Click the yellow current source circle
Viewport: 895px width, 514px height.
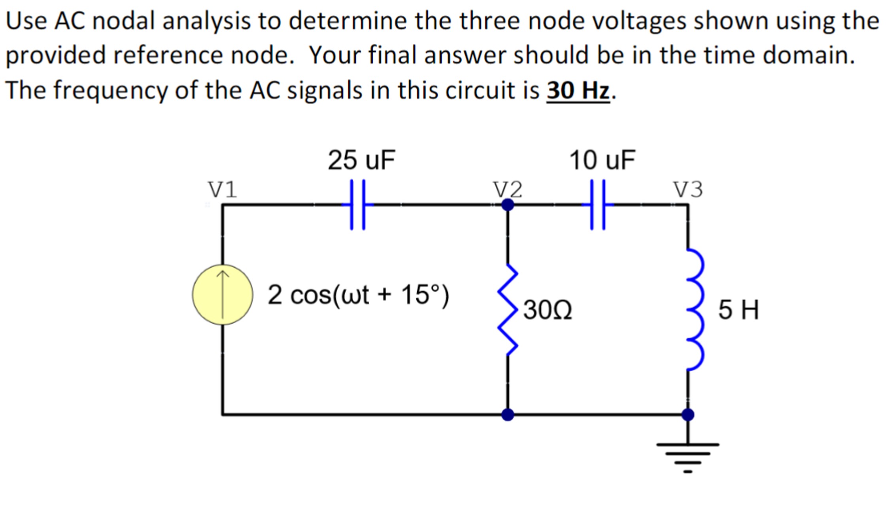coord(223,295)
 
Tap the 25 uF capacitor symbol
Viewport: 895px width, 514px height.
coord(357,204)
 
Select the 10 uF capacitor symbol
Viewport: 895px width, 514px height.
coord(598,204)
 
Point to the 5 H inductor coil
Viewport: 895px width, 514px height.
coord(695,310)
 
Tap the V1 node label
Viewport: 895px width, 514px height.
coord(223,189)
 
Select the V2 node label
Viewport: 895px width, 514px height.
coord(508,189)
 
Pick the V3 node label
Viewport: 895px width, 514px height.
coord(688,189)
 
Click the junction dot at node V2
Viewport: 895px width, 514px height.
coord(508,204)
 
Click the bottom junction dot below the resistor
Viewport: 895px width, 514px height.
coord(508,415)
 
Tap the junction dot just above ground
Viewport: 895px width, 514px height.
coord(688,415)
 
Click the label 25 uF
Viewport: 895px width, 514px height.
coord(361,160)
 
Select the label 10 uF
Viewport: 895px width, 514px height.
coord(602,160)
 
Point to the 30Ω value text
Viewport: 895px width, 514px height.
coord(548,310)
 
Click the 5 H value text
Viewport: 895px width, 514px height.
coord(738,310)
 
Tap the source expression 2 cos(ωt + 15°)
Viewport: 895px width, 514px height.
coord(358,295)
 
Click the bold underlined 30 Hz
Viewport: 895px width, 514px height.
coord(578,90)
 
